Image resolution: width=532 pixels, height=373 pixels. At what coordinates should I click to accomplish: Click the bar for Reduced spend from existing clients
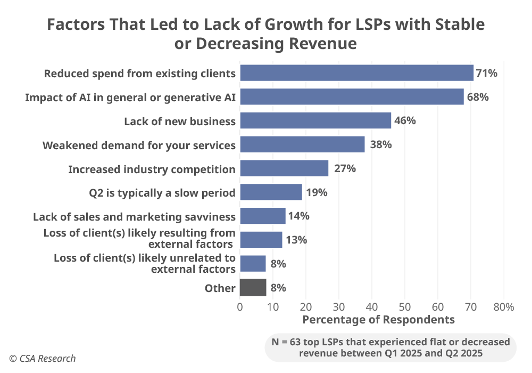[x=356, y=73]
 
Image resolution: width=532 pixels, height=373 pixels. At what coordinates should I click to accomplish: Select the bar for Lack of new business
[x=315, y=120]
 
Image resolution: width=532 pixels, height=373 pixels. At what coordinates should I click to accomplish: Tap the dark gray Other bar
[x=253, y=288]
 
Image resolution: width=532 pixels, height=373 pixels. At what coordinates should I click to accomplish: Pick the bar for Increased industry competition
[x=284, y=168]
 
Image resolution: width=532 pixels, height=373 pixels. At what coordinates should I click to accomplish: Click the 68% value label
[x=478, y=97]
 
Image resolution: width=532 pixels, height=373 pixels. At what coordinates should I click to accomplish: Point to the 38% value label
[x=381, y=144]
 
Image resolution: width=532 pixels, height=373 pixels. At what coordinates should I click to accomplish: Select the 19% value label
[x=317, y=192]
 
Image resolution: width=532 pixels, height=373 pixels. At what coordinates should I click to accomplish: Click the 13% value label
[x=296, y=240]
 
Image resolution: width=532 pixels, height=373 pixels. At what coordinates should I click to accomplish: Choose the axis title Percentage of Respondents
[x=378, y=320]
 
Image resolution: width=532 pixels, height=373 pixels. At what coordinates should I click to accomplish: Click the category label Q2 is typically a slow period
[x=162, y=193]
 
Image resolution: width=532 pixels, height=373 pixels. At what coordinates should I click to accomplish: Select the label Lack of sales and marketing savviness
[x=134, y=217]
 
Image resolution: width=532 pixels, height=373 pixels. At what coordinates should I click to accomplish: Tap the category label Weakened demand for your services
[x=139, y=145]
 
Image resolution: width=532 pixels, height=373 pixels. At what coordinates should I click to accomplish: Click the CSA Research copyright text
[x=42, y=359]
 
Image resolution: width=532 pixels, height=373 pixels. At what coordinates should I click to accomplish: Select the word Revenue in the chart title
[x=322, y=44]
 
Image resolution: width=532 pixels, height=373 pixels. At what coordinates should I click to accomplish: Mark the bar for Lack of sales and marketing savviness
[x=263, y=216]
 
